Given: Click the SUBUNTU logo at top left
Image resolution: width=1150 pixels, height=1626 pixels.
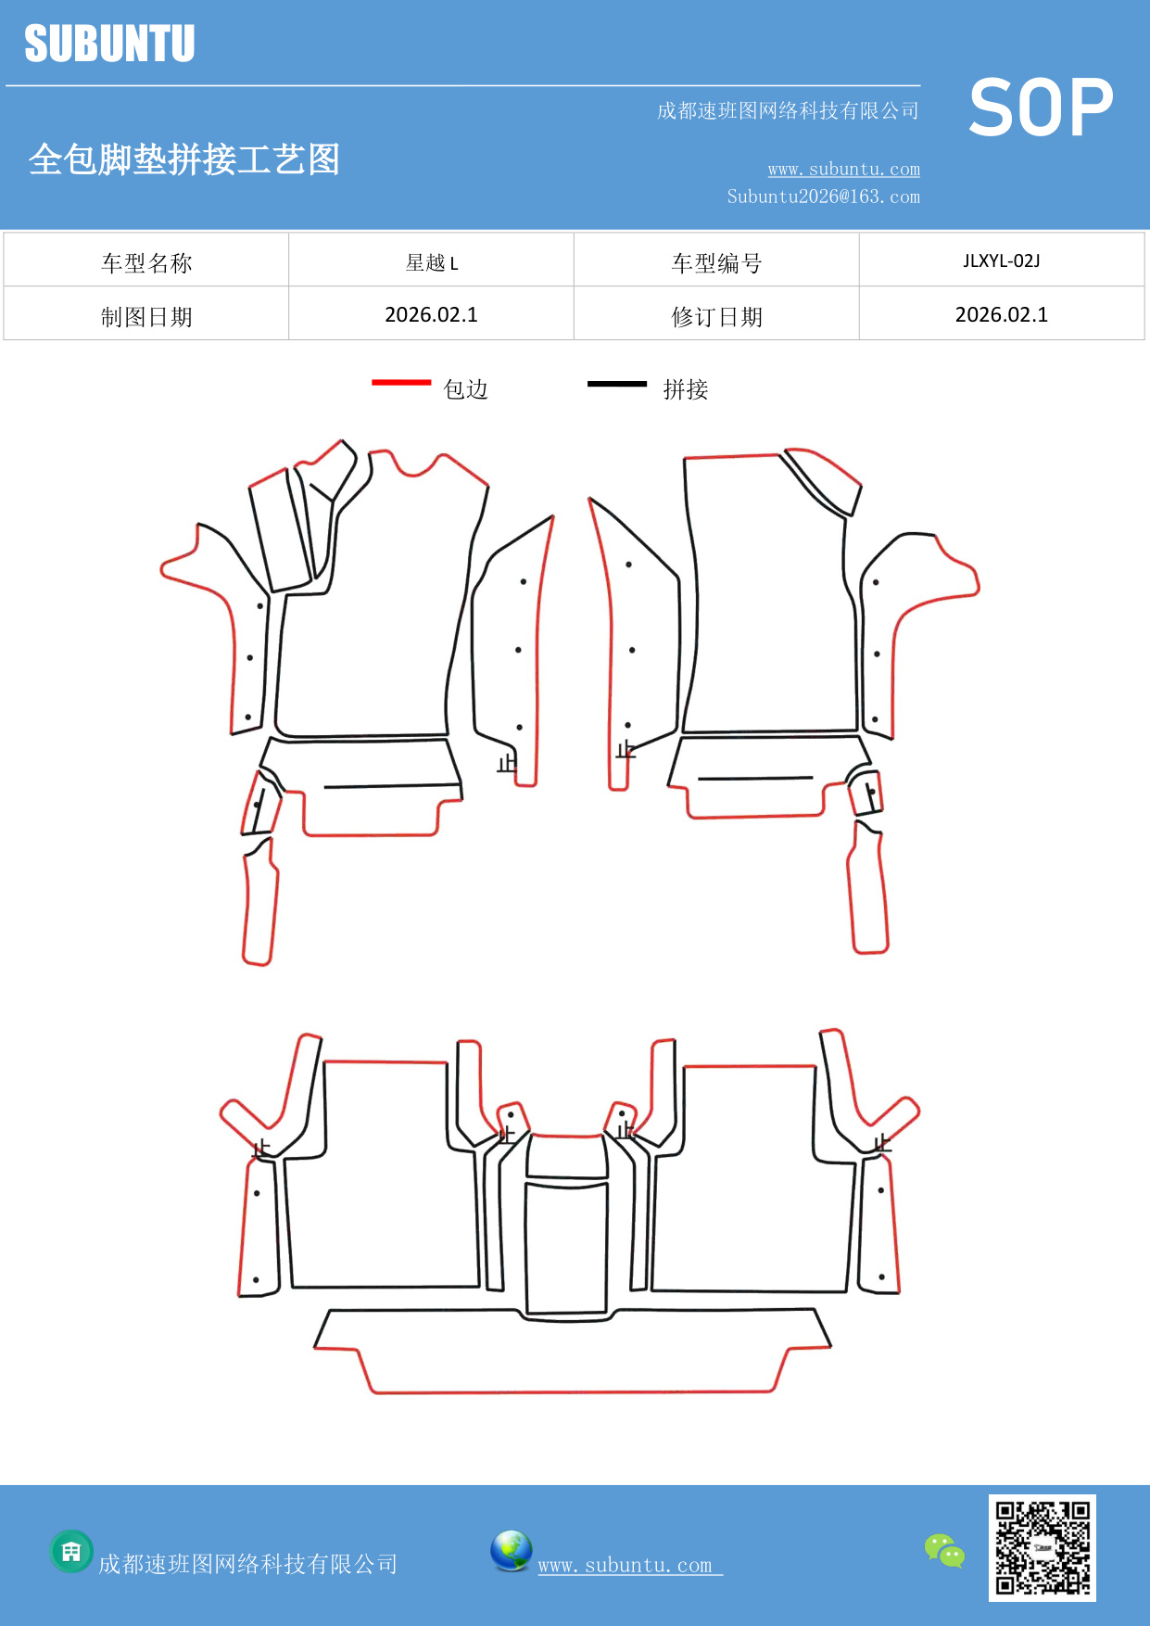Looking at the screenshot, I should [109, 44].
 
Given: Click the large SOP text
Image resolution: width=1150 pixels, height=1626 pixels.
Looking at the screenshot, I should [1041, 108].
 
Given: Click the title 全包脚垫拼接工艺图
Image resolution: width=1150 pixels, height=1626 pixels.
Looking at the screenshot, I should [184, 159].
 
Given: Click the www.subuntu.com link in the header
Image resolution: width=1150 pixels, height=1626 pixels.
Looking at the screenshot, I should [843, 169].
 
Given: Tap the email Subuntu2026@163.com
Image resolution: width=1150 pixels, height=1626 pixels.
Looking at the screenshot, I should [823, 197].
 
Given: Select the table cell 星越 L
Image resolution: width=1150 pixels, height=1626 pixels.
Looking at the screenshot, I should [432, 262].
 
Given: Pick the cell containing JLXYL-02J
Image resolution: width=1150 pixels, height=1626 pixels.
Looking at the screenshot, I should [1001, 260].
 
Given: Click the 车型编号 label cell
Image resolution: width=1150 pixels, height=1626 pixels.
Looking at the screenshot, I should [716, 263].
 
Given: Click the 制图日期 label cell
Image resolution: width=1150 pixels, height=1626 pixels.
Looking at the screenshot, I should [146, 317].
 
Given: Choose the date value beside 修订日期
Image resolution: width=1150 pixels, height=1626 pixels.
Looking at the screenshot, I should [1001, 315].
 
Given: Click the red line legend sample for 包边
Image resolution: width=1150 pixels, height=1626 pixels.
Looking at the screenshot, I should [401, 382].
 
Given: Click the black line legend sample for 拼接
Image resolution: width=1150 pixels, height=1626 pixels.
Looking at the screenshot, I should [617, 383].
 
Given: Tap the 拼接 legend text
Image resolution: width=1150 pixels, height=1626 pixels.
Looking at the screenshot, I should [686, 389].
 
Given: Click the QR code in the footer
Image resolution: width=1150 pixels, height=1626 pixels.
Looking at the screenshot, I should [1042, 1547].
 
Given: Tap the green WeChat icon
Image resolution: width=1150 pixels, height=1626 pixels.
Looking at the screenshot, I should [944, 1550].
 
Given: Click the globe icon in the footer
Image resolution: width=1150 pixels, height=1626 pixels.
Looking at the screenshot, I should [511, 1551].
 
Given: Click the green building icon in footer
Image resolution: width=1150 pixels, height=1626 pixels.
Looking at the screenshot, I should [71, 1551].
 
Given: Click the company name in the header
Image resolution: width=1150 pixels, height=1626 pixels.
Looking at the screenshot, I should [788, 111].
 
